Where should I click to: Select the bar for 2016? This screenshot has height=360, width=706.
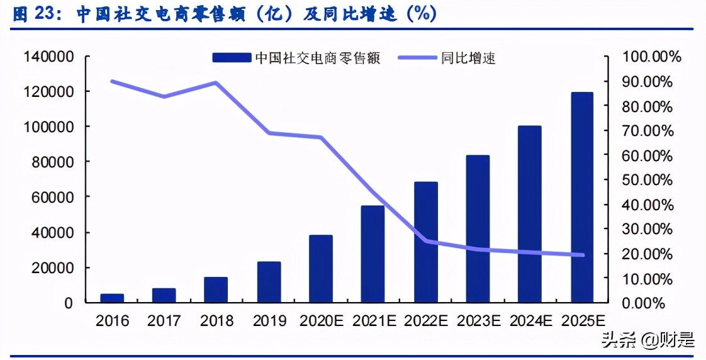112,298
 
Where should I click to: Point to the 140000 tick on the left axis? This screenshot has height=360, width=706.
48,57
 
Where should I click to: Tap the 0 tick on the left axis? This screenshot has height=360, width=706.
69,303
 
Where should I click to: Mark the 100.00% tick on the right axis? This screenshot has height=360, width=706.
651,57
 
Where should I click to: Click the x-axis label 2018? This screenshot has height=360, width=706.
216,321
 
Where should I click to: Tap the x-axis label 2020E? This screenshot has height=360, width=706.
321,321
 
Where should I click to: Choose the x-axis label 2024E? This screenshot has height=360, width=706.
530,321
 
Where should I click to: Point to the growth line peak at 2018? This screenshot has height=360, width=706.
215,82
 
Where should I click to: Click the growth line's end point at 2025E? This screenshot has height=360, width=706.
582,255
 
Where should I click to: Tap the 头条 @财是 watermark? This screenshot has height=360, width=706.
648,340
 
